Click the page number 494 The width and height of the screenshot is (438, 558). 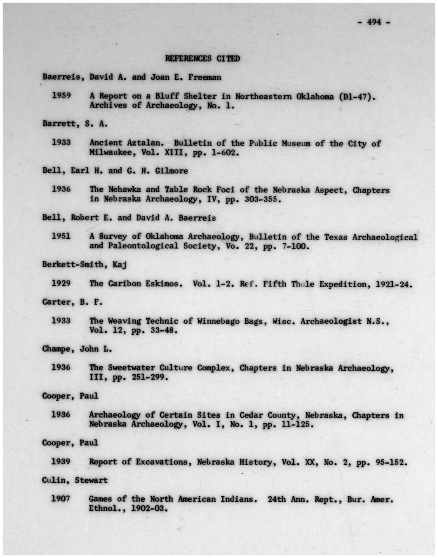point(374,22)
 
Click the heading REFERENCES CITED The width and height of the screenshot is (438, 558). point(202,59)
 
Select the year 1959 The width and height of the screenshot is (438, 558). point(61,96)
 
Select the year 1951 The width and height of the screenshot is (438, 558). point(61,236)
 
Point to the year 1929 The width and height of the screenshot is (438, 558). point(61,283)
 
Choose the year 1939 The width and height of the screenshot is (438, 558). point(61,462)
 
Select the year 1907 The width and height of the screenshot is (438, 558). point(61,499)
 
